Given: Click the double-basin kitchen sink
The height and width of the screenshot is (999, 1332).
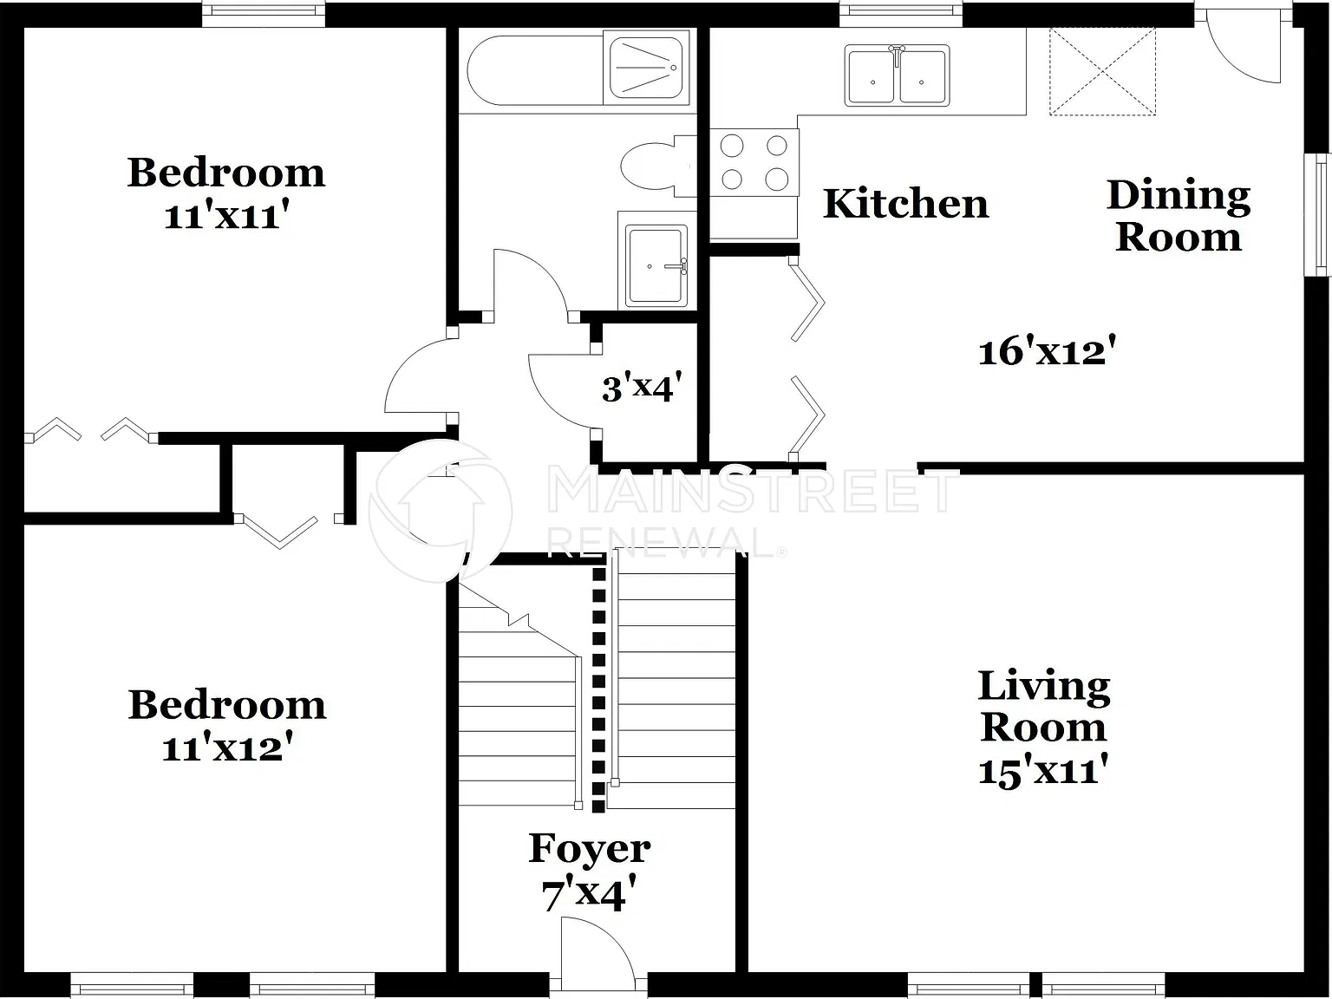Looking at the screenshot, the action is pyautogui.click(x=897, y=75).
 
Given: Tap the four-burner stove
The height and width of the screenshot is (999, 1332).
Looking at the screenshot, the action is pyautogui.click(x=754, y=162).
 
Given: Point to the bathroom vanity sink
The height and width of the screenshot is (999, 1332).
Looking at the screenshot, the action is pyautogui.click(x=657, y=260).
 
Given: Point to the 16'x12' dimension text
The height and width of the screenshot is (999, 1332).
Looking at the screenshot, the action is pyautogui.click(x=1048, y=350).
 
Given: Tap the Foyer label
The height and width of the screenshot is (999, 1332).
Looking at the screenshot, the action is pyautogui.click(x=589, y=848).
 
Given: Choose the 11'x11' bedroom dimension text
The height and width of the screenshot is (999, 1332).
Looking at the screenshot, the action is pyautogui.click(x=225, y=215).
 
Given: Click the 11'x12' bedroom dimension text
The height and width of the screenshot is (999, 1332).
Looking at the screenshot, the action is pyautogui.click(x=227, y=747).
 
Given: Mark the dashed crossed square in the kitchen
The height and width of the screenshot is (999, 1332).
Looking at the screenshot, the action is pyautogui.click(x=1102, y=71).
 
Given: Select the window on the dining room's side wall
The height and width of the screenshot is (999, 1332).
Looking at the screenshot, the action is pyautogui.click(x=1318, y=215).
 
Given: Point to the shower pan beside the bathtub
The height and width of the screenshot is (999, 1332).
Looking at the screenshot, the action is pyautogui.click(x=646, y=68).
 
